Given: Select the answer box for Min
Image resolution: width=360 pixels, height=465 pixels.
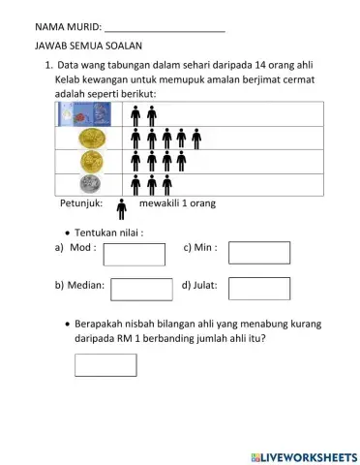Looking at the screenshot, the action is tap(258, 252).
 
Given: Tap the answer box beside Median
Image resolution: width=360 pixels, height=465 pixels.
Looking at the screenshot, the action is tap(141, 290).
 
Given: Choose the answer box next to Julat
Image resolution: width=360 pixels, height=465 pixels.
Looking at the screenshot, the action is tap(258, 289).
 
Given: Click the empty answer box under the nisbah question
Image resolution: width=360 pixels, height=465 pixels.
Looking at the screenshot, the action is tap(105, 364).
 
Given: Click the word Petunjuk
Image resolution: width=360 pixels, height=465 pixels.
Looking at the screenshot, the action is tap(81, 204).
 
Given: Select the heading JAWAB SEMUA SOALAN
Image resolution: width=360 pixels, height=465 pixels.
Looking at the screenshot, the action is tap(88, 46).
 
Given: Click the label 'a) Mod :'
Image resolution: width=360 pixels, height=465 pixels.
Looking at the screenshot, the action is tap(75, 248).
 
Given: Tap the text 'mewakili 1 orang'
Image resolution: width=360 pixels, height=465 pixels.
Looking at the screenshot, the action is tap(177, 204).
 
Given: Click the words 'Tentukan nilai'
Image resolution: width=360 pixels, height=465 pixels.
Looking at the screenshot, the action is tap(108, 232).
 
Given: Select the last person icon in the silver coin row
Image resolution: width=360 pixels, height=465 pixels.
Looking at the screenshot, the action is tap(167, 184).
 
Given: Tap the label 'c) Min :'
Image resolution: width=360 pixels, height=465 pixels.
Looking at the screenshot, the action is tap(199, 248).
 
